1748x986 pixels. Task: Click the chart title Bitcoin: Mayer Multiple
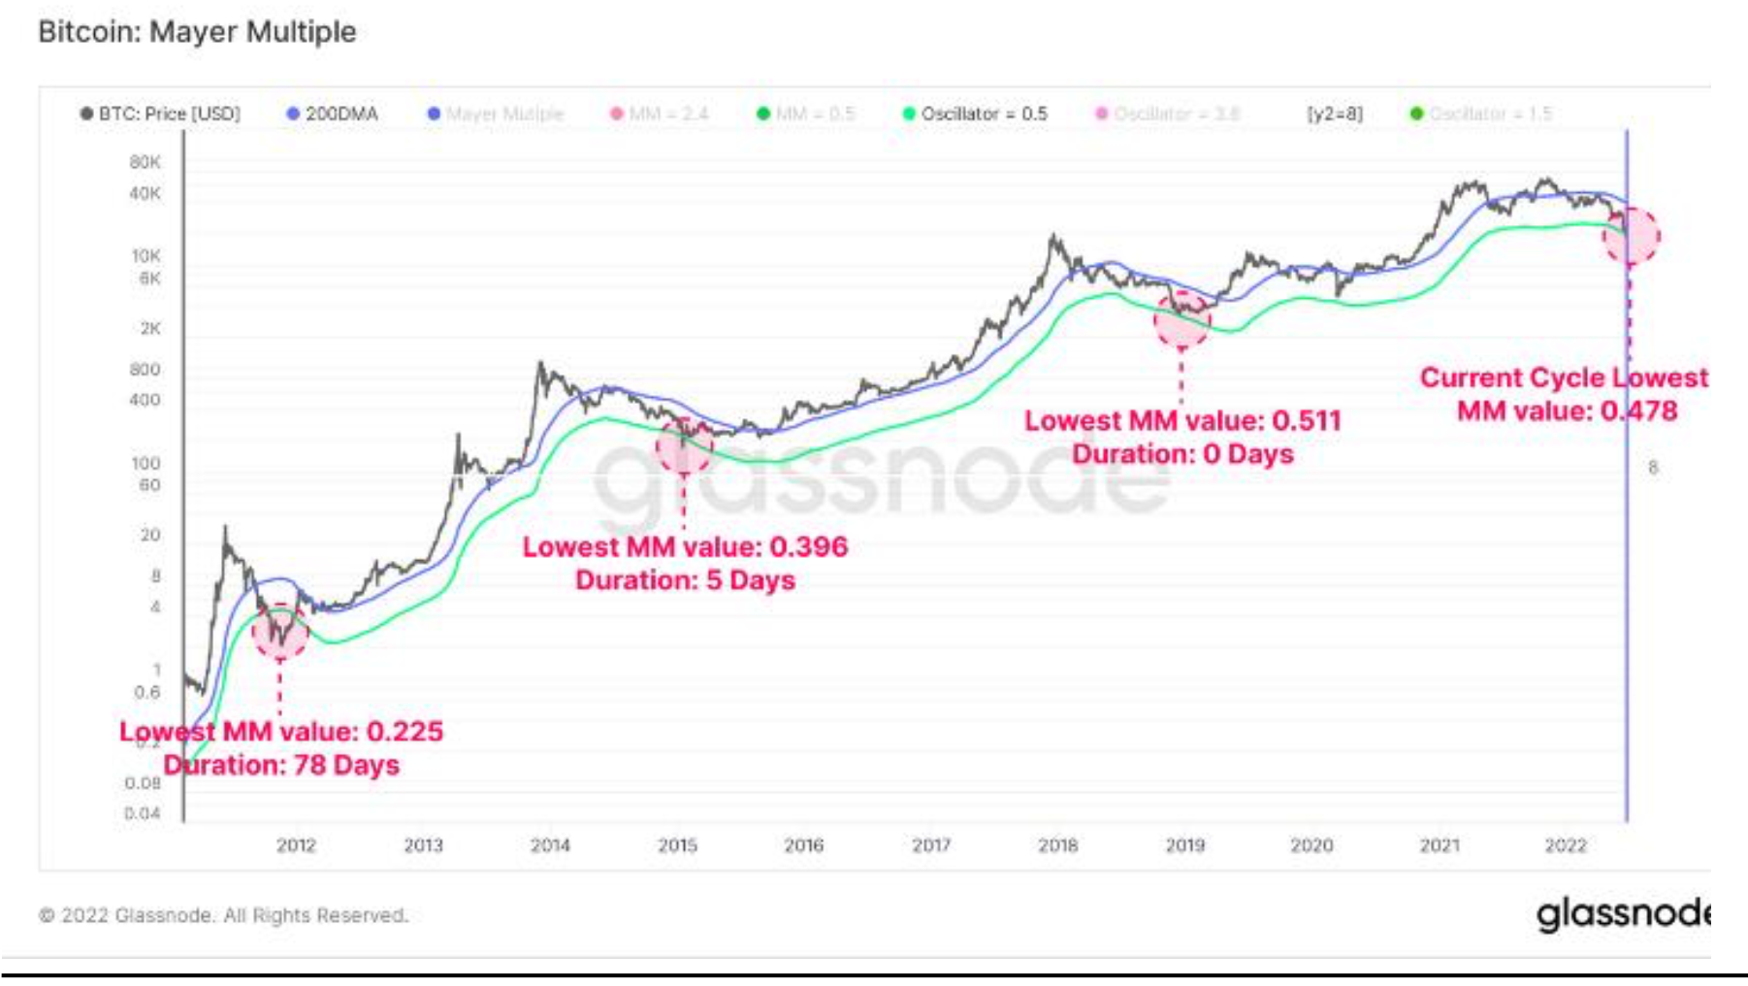[197, 32]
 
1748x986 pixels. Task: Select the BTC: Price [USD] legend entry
[161, 114]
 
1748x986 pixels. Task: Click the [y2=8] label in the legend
[1335, 114]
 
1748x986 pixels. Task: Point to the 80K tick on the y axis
[146, 162]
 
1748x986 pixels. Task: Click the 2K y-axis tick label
[150, 328]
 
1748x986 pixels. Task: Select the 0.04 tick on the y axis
[143, 813]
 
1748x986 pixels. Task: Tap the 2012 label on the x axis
[296, 845]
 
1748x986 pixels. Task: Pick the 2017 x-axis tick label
[931, 845]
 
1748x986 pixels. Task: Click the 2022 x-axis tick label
[1566, 845]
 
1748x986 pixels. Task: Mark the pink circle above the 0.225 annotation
[280, 632]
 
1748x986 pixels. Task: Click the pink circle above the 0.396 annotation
[684, 446]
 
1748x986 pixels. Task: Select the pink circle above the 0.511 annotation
[1182, 320]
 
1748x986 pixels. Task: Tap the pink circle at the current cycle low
[1632, 236]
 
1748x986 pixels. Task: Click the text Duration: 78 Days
[281, 765]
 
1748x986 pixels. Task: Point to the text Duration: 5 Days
[685, 580]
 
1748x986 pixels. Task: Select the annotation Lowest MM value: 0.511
[1182, 421]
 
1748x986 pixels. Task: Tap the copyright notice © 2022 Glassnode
[223, 915]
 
